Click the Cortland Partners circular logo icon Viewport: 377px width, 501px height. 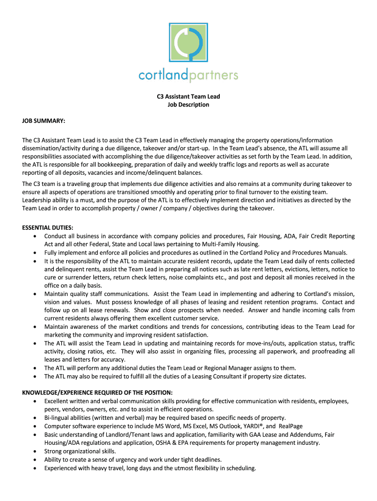(x=188, y=41)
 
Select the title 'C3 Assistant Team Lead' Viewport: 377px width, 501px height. (x=188, y=96)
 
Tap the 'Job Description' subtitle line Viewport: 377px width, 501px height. (x=188, y=105)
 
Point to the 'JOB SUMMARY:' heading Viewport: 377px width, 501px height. (x=44, y=120)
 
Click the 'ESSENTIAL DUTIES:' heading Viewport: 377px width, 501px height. (x=48, y=228)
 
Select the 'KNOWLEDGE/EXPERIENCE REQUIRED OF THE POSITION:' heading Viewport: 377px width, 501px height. (x=97, y=392)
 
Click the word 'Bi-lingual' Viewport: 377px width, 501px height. (x=57, y=418)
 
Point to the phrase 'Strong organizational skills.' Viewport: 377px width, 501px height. (x=80, y=451)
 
